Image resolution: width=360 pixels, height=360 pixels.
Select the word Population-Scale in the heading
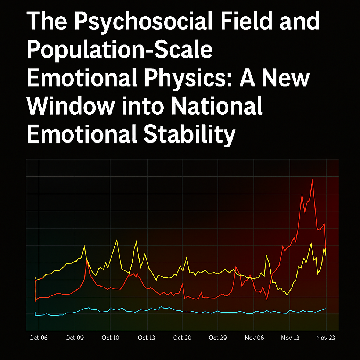click(x=120, y=51)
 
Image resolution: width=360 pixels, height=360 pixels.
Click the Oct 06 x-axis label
click(x=38, y=338)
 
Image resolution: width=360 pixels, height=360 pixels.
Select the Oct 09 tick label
click(x=75, y=338)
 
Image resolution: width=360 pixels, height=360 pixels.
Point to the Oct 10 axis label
click(x=111, y=338)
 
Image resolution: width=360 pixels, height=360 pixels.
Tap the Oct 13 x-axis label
click(x=147, y=338)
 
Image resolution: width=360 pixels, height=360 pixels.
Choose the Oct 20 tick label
click(x=183, y=338)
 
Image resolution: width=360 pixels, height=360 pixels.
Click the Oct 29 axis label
click(x=218, y=338)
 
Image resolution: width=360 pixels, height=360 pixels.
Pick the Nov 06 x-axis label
click(x=254, y=338)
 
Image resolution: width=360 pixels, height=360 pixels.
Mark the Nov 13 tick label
click(x=290, y=338)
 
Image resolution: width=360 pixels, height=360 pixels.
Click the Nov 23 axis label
click(x=326, y=338)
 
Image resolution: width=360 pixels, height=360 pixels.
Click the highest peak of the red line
click(x=312, y=179)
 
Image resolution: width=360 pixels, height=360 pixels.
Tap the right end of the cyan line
click(x=326, y=309)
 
